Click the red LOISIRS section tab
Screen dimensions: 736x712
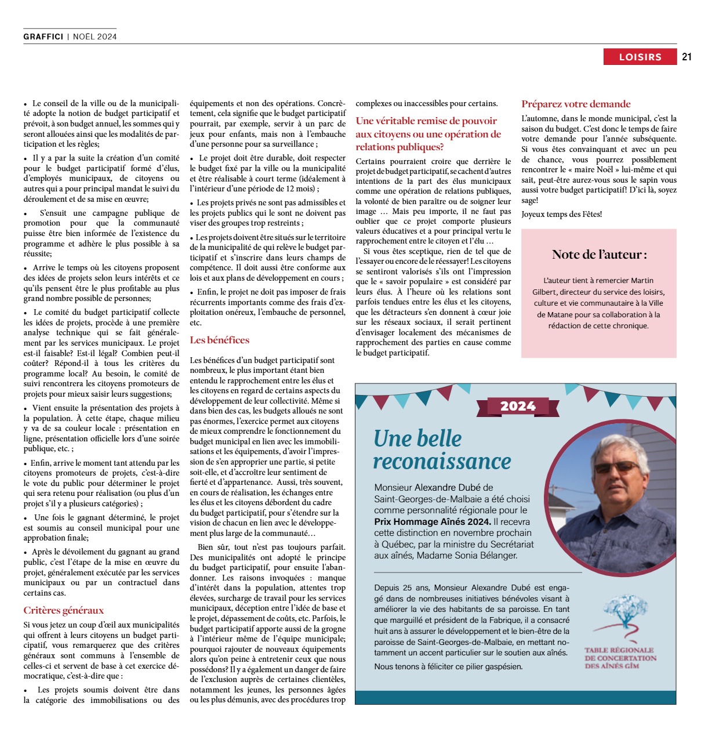pos(640,57)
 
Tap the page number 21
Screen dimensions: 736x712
pos(687,57)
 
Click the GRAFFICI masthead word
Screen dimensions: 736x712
pos(43,37)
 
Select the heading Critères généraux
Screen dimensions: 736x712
pos(64,610)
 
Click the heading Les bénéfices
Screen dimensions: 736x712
pos(220,340)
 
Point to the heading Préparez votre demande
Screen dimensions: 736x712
pos(576,104)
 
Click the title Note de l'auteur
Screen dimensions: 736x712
pos(599,254)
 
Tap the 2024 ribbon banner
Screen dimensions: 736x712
pos(518,406)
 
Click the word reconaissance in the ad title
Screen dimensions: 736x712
pos(442,461)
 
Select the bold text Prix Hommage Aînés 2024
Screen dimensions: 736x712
pos(432,521)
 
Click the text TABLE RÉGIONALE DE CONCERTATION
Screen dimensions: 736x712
pos(619,654)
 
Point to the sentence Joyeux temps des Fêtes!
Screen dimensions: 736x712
pos(561,214)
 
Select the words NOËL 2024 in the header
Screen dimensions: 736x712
pos(95,37)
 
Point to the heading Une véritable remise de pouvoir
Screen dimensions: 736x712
pos(426,121)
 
